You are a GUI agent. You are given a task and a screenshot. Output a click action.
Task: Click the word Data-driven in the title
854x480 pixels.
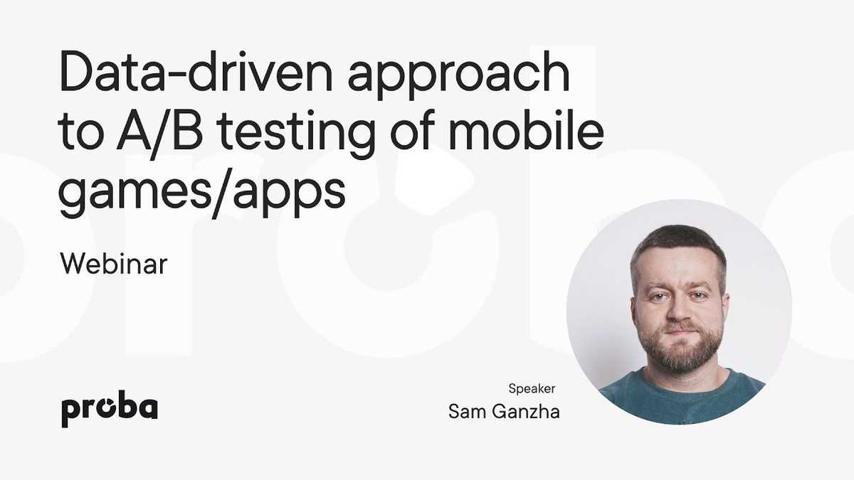[x=196, y=72]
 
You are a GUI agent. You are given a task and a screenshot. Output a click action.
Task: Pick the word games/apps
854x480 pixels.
[x=201, y=193]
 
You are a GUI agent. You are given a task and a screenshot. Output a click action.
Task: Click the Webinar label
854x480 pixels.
[x=114, y=263]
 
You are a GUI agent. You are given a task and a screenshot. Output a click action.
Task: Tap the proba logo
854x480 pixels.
[x=110, y=408]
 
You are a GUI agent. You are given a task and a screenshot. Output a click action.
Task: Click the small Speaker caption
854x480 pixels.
[x=532, y=389]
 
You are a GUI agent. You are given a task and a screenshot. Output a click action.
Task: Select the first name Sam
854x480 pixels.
[x=467, y=412]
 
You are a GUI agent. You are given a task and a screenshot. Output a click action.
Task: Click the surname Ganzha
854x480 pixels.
[x=526, y=412]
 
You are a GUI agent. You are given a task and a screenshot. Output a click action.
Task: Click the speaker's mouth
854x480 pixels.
[x=680, y=333]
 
